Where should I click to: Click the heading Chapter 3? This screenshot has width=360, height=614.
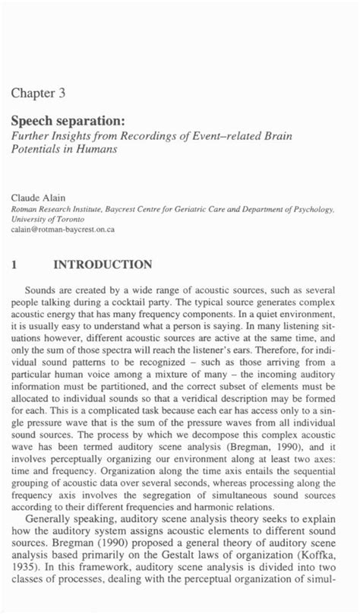click(39, 94)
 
